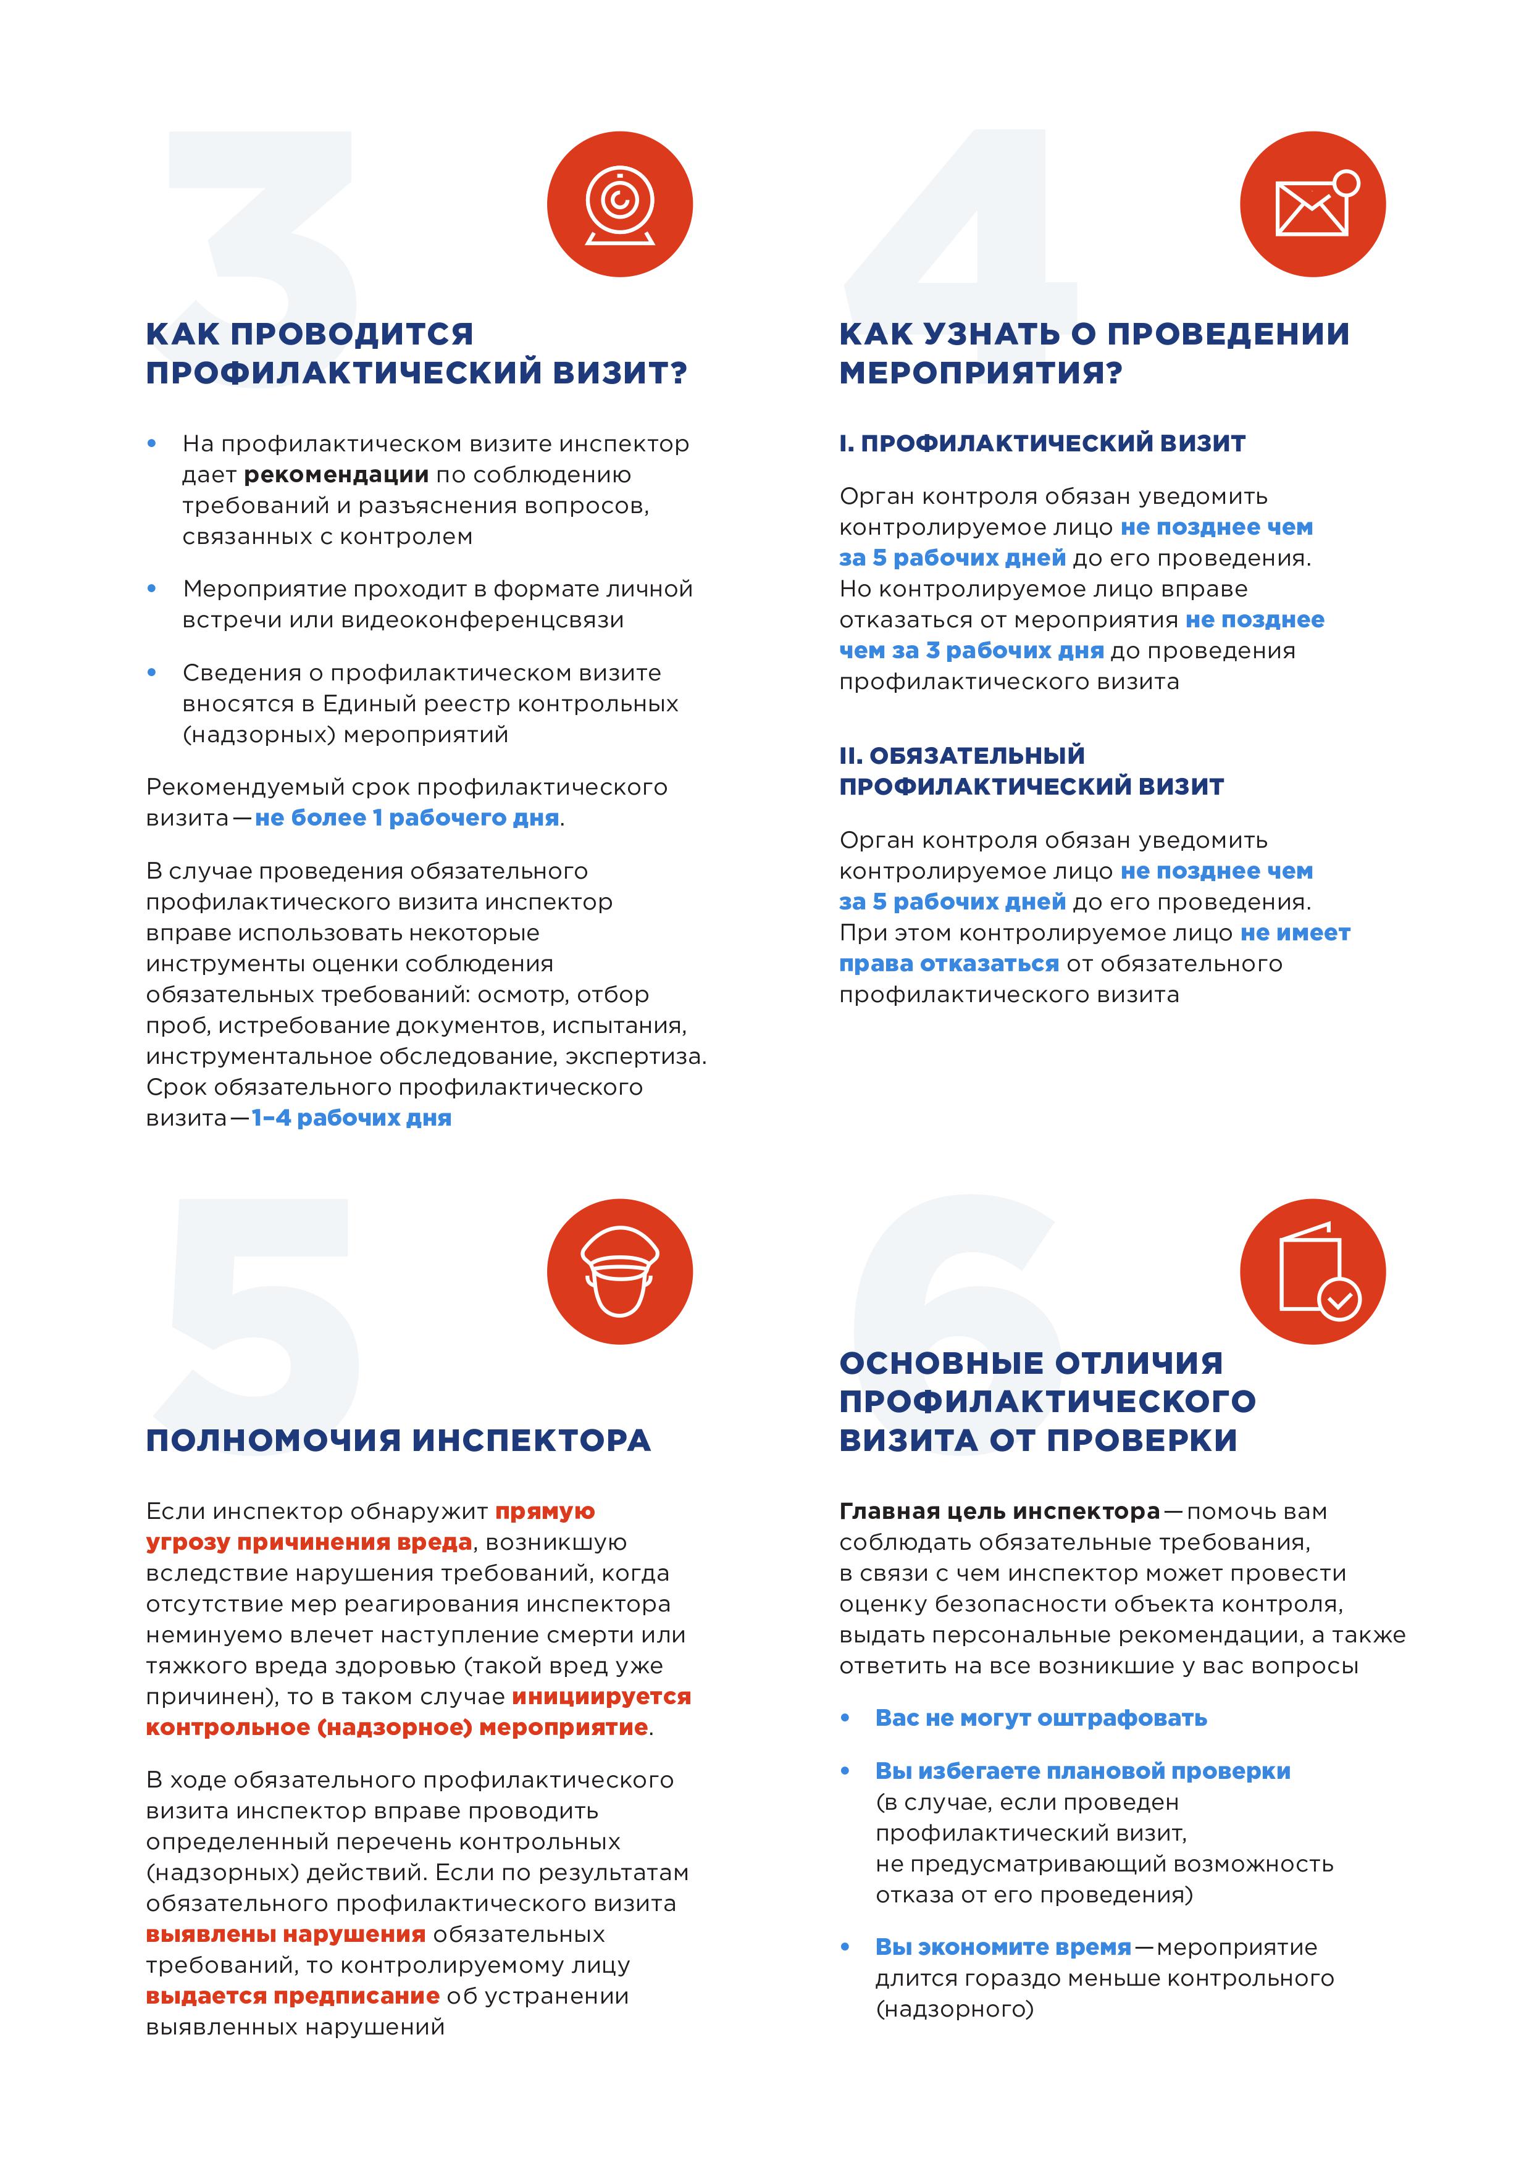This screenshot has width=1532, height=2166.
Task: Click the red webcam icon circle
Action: [x=620, y=204]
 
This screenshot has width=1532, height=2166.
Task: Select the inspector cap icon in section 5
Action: [x=620, y=1272]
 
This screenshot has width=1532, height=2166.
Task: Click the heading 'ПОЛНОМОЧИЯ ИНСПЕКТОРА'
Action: [x=398, y=1441]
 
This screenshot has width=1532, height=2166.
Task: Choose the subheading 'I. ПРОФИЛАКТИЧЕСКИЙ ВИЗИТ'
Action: [x=1042, y=443]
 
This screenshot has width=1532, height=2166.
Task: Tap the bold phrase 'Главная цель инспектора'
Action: [x=999, y=1512]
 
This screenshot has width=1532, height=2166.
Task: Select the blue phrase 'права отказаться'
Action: [x=949, y=963]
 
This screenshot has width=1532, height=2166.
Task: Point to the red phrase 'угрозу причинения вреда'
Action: [x=309, y=1542]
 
